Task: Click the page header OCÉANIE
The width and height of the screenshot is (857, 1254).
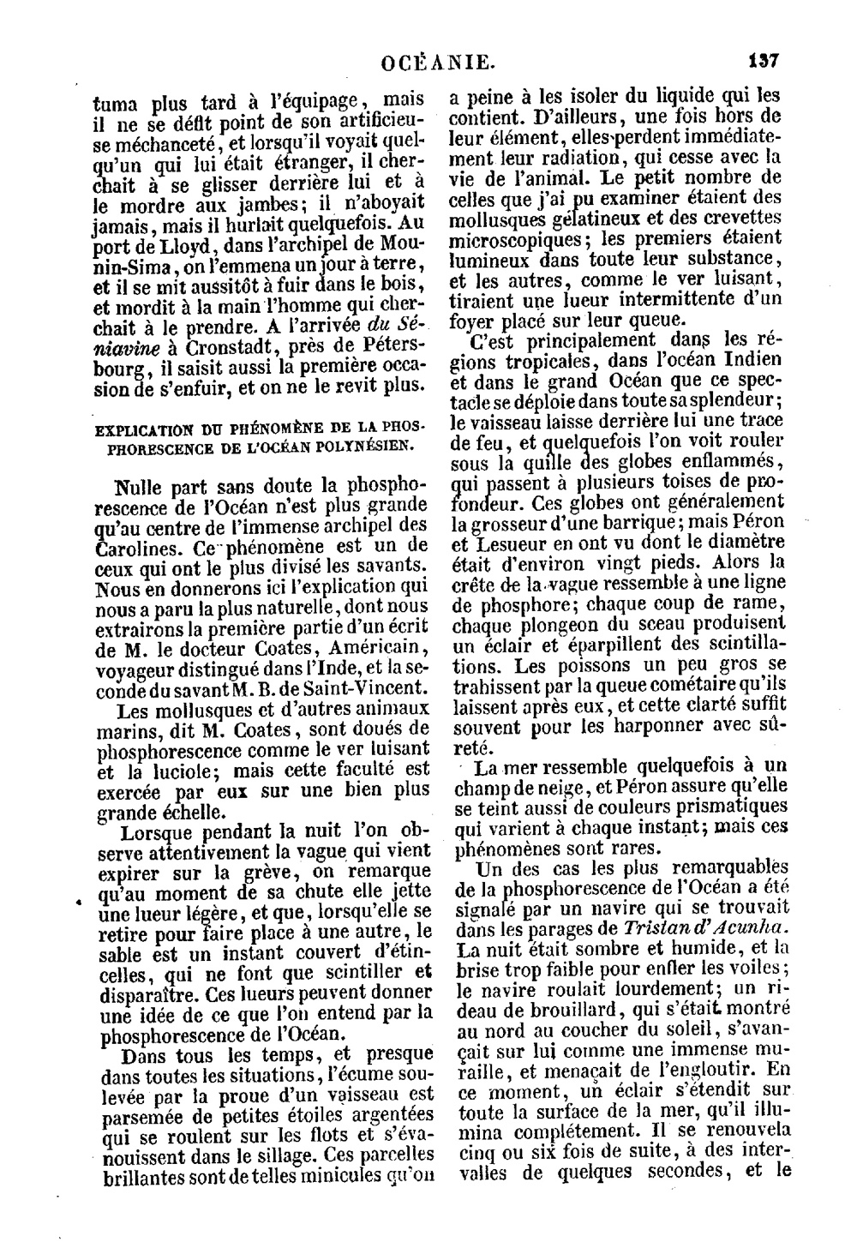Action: coord(438,62)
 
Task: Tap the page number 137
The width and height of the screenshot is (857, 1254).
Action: coord(762,62)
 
